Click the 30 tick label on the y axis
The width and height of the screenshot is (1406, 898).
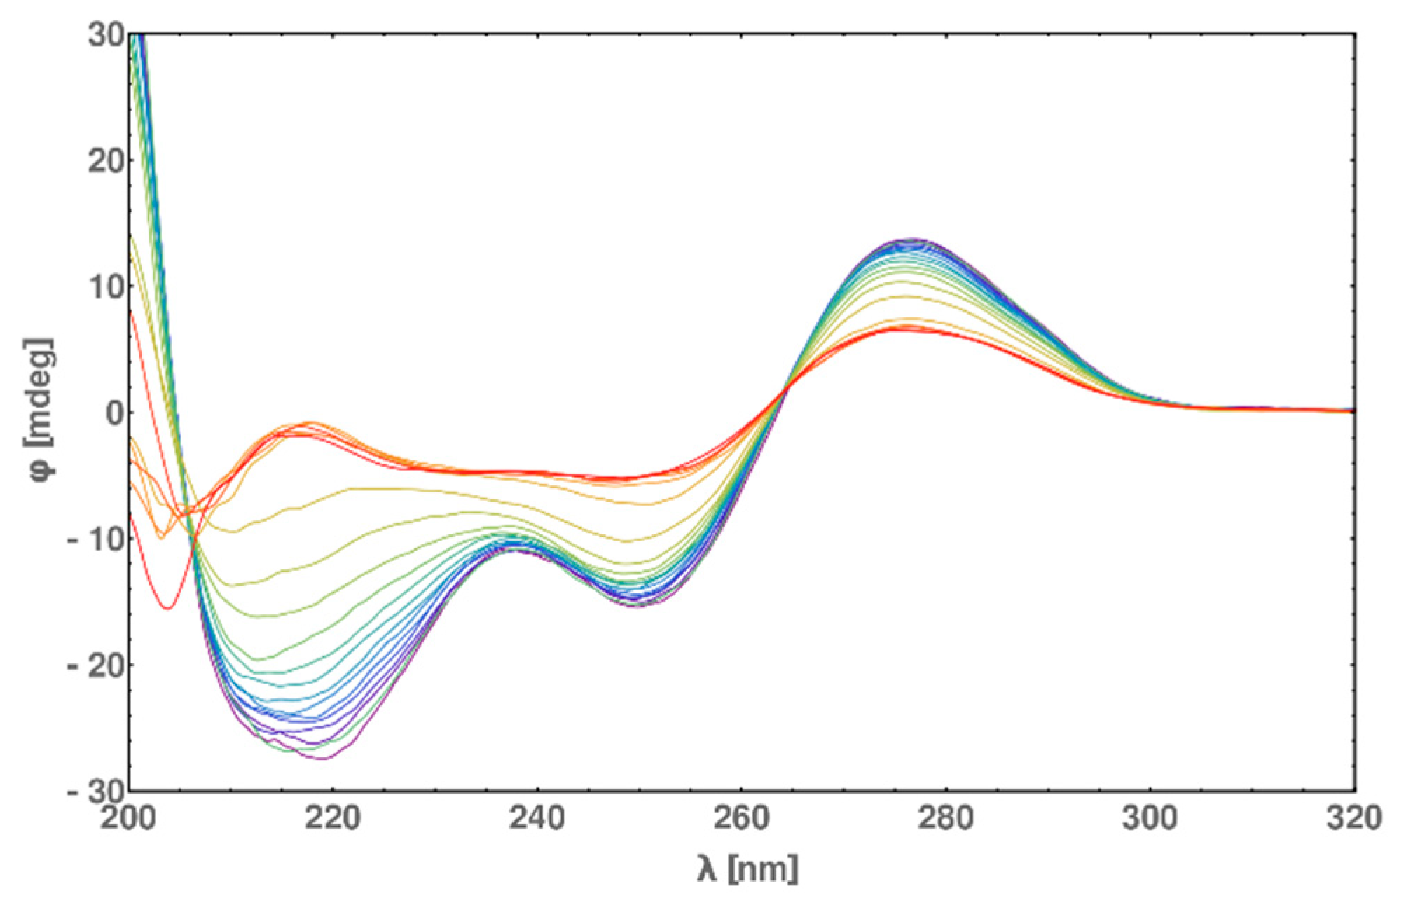[x=106, y=34]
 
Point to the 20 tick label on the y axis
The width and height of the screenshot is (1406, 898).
[x=106, y=160]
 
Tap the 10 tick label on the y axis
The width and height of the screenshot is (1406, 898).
[x=106, y=286]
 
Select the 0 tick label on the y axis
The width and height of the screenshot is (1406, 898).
[x=114, y=413]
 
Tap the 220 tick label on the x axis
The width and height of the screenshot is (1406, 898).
[x=333, y=819]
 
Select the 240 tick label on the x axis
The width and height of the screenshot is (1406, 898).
[x=537, y=819]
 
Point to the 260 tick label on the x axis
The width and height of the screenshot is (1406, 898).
[x=741, y=819]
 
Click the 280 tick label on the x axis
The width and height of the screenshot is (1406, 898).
[x=946, y=819]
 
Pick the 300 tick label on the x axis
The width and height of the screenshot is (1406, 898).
[x=1150, y=819]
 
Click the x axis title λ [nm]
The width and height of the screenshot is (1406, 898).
[x=747, y=869]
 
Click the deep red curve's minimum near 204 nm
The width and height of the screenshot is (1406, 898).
[x=168, y=608]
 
